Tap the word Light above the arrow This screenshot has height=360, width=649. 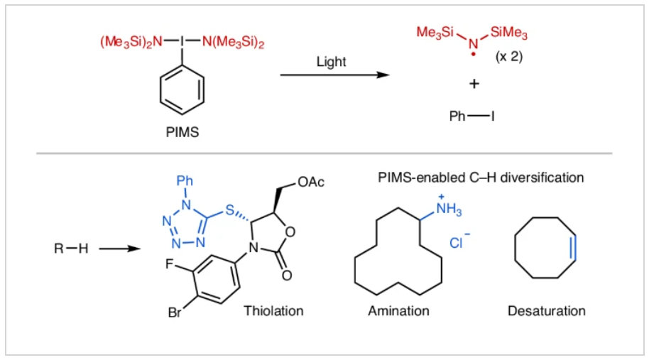coord(331,62)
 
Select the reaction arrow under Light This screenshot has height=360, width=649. coord(334,75)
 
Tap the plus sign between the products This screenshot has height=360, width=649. coord(474,84)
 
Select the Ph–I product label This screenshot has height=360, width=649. coord(472,116)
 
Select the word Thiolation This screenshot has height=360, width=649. coord(273,311)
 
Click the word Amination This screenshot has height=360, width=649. coord(398,311)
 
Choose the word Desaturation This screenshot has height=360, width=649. coord(546,311)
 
